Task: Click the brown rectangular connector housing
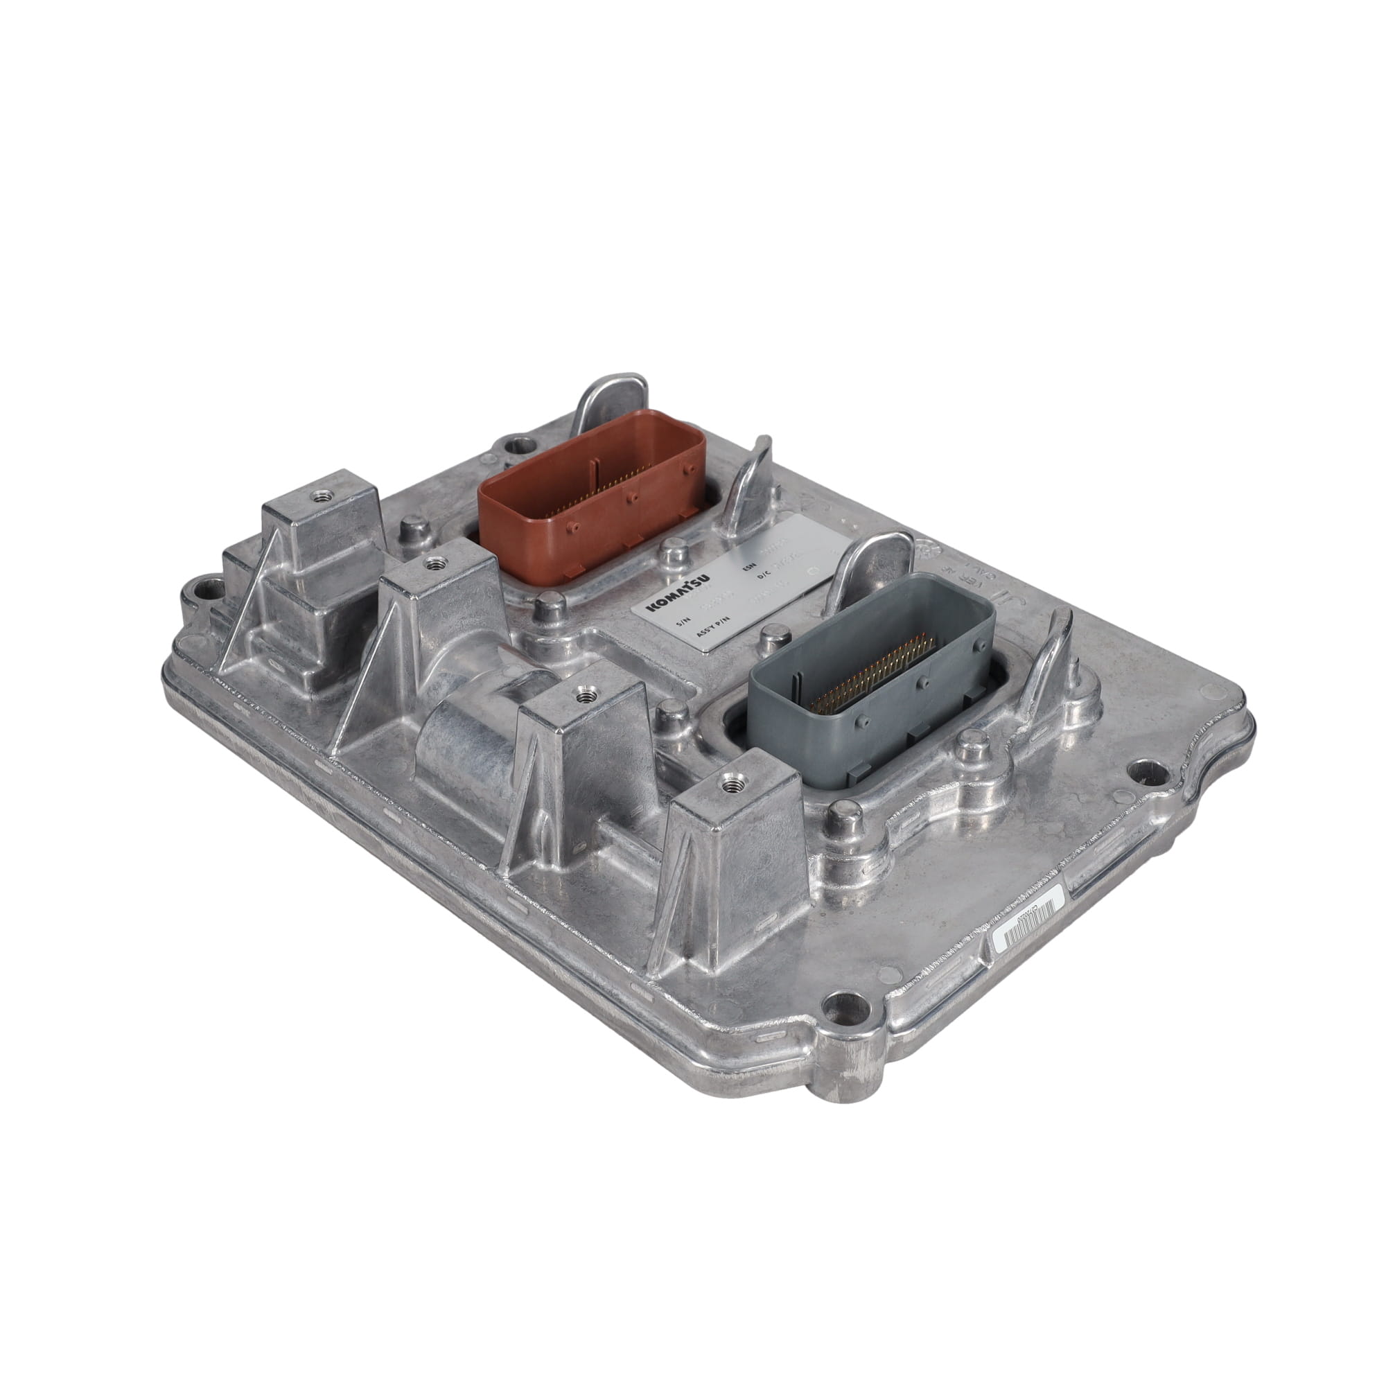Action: tap(588, 488)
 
